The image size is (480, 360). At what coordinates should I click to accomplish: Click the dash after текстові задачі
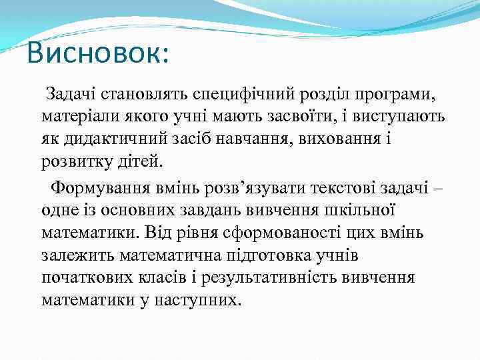tap(438, 188)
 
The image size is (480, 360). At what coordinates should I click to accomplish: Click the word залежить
tap(76, 255)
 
